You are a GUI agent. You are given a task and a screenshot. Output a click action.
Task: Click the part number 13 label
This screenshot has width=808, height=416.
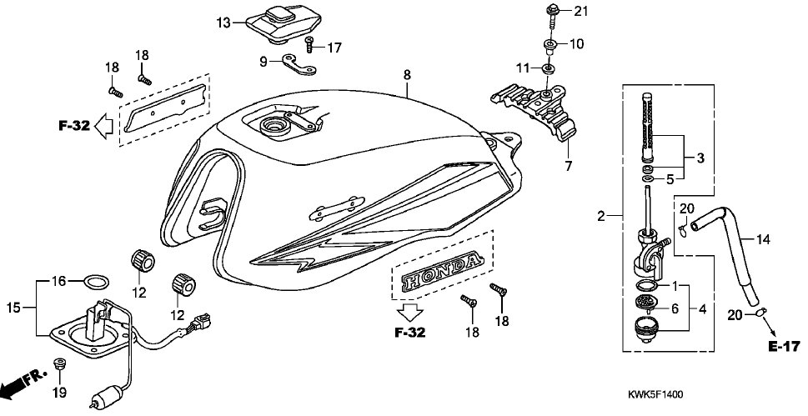tap(223, 23)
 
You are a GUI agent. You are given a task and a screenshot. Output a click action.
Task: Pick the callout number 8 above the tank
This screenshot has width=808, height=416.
tap(407, 75)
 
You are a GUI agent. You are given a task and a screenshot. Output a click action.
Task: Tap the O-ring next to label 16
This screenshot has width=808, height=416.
tap(97, 280)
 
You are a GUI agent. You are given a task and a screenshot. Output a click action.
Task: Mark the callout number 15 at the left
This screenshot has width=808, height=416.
tap(13, 308)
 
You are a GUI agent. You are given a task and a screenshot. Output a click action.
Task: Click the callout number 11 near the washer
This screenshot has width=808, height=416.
tap(521, 67)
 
